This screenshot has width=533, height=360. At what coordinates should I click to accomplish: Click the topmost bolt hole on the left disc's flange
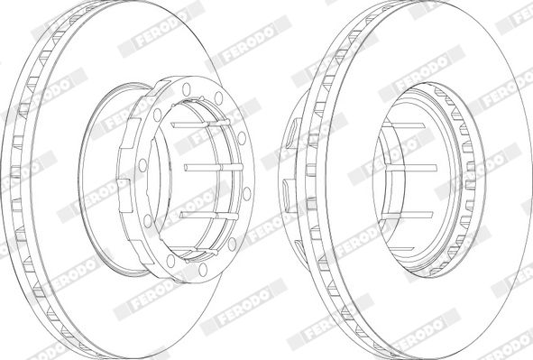[186, 89]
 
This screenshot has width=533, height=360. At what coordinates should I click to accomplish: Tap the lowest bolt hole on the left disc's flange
[203, 270]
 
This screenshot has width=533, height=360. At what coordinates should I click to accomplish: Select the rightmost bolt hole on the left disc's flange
[247, 193]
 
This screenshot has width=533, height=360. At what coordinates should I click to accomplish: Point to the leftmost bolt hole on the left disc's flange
[142, 165]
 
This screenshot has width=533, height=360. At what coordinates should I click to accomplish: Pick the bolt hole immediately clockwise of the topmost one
[218, 98]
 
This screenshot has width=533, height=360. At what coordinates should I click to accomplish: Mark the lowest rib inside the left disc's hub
[200, 253]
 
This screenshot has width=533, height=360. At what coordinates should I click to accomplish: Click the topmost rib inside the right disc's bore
[405, 125]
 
